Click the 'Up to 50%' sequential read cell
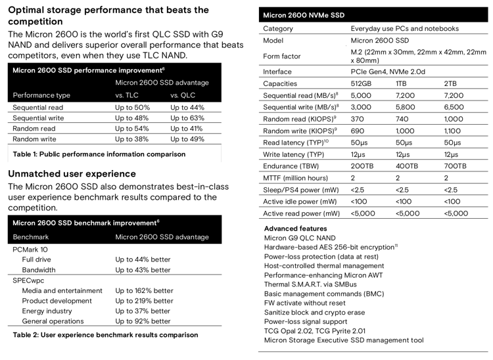[132, 108]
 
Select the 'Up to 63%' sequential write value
[187, 118]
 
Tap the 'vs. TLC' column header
[127, 95]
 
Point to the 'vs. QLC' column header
[183, 95]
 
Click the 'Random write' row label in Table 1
[34, 139]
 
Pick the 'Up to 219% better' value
[145, 301]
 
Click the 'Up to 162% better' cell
[145, 290]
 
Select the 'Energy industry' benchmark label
[47, 311]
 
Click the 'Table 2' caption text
[105, 335]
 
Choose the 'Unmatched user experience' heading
[72, 173]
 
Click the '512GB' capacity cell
[361, 83]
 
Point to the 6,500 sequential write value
[454, 107]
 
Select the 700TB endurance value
[455, 166]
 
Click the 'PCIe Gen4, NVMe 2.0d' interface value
[388, 72]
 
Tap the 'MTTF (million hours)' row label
[295, 178]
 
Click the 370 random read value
[357, 119]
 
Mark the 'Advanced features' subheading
[296, 229]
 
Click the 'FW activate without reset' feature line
[304, 303]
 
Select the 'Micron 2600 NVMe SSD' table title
[304, 15]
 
